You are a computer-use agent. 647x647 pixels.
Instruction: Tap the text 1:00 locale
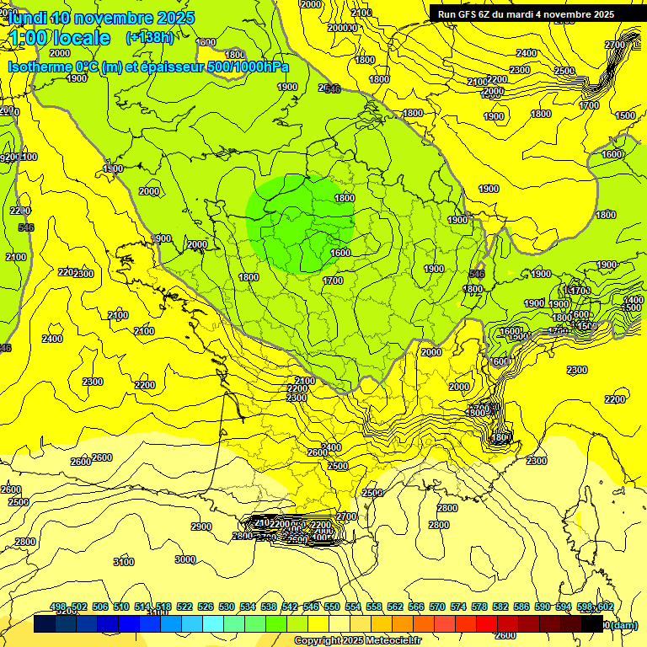pyautogui.click(x=58, y=38)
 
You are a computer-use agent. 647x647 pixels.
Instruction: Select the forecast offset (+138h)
pyautogui.click(x=149, y=37)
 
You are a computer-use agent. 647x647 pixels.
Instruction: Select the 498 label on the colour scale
pyautogui.click(x=58, y=607)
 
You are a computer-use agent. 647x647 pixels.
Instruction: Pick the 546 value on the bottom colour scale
pyautogui.click(x=311, y=607)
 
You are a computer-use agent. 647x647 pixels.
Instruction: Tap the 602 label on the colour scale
pyautogui.click(x=606, y=607)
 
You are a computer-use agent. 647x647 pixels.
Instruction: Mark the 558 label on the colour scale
pyautogui.click(x=374, y=607)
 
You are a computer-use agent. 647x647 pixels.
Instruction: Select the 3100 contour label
pyautogui.click(x=123, y=562)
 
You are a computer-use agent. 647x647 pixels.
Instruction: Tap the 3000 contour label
pyautogui.click(x=185, y=559)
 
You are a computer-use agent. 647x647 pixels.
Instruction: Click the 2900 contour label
pyautogui.click(x=201, y=527)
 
